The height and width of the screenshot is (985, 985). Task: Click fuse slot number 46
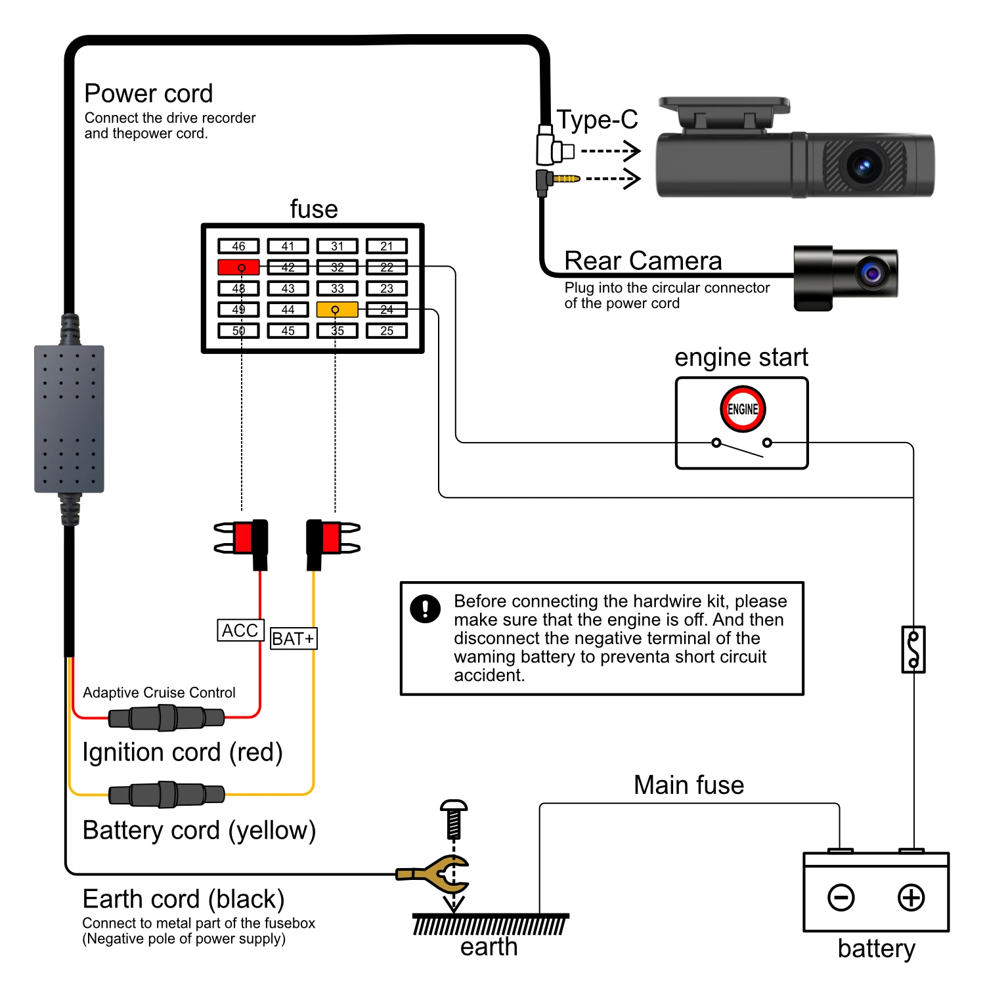click(238, 246)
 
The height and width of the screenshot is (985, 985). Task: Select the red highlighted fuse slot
click(238, 267)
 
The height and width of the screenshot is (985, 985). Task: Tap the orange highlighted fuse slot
click(337, 309)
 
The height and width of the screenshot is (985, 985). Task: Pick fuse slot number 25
click(387, 330)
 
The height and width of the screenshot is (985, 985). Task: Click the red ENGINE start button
click(743, 409)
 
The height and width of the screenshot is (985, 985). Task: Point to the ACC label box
click(240, 630)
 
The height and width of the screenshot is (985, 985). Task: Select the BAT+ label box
click(294, 638)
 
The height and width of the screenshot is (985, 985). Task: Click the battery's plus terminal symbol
click(911, 898)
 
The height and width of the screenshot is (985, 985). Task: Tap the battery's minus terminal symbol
click(841, 898)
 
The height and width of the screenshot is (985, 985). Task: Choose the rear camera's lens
click(872, 272)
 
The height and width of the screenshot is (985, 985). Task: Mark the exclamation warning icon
click(426, 608)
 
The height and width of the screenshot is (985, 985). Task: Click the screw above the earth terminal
click(454, 819)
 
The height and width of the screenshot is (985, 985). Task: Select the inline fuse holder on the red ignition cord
click(167, 718)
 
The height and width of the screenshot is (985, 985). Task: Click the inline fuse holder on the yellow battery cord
click(167, 795)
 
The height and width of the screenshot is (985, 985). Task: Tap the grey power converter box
click(69, 419)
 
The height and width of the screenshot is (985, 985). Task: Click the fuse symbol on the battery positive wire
click(913, 649)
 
